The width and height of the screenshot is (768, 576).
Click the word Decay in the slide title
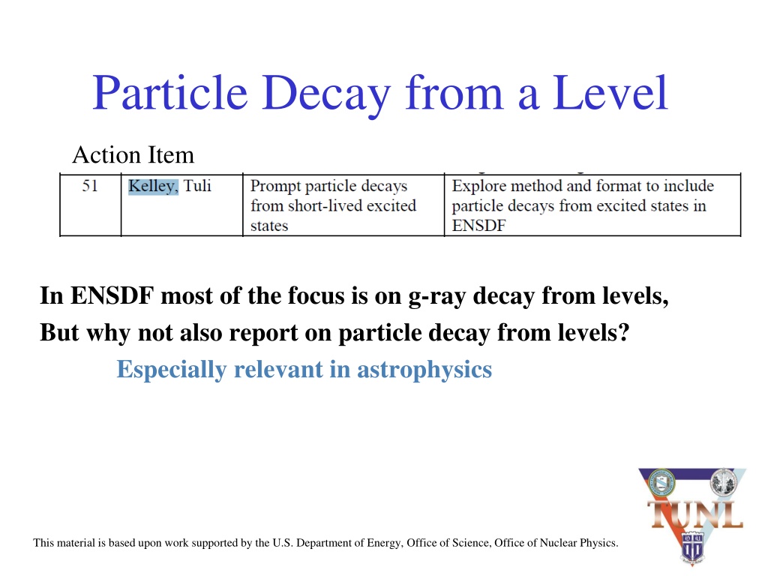point(326,93)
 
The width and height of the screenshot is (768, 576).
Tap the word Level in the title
point(610,92)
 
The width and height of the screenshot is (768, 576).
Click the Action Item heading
point(133,154)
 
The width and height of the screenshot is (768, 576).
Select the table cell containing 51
point(90,205)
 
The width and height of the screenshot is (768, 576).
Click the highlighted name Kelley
point(153,186)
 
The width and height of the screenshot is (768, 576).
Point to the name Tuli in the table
point(197,186)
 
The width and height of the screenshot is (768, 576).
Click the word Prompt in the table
point(275,187)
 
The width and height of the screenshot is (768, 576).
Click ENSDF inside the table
point(478,225)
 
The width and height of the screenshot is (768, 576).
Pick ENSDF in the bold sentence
point(112,295)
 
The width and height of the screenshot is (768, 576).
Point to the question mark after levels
point(623,332)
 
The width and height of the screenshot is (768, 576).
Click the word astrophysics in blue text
point(424,370)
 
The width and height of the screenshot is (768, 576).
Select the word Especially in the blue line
point(172,370)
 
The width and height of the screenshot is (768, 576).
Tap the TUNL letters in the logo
point(695,514)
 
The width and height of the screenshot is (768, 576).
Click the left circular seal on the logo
point(661,482)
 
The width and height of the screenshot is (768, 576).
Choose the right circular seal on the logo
point(724,482)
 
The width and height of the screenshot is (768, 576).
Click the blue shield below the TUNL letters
point(692,547)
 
